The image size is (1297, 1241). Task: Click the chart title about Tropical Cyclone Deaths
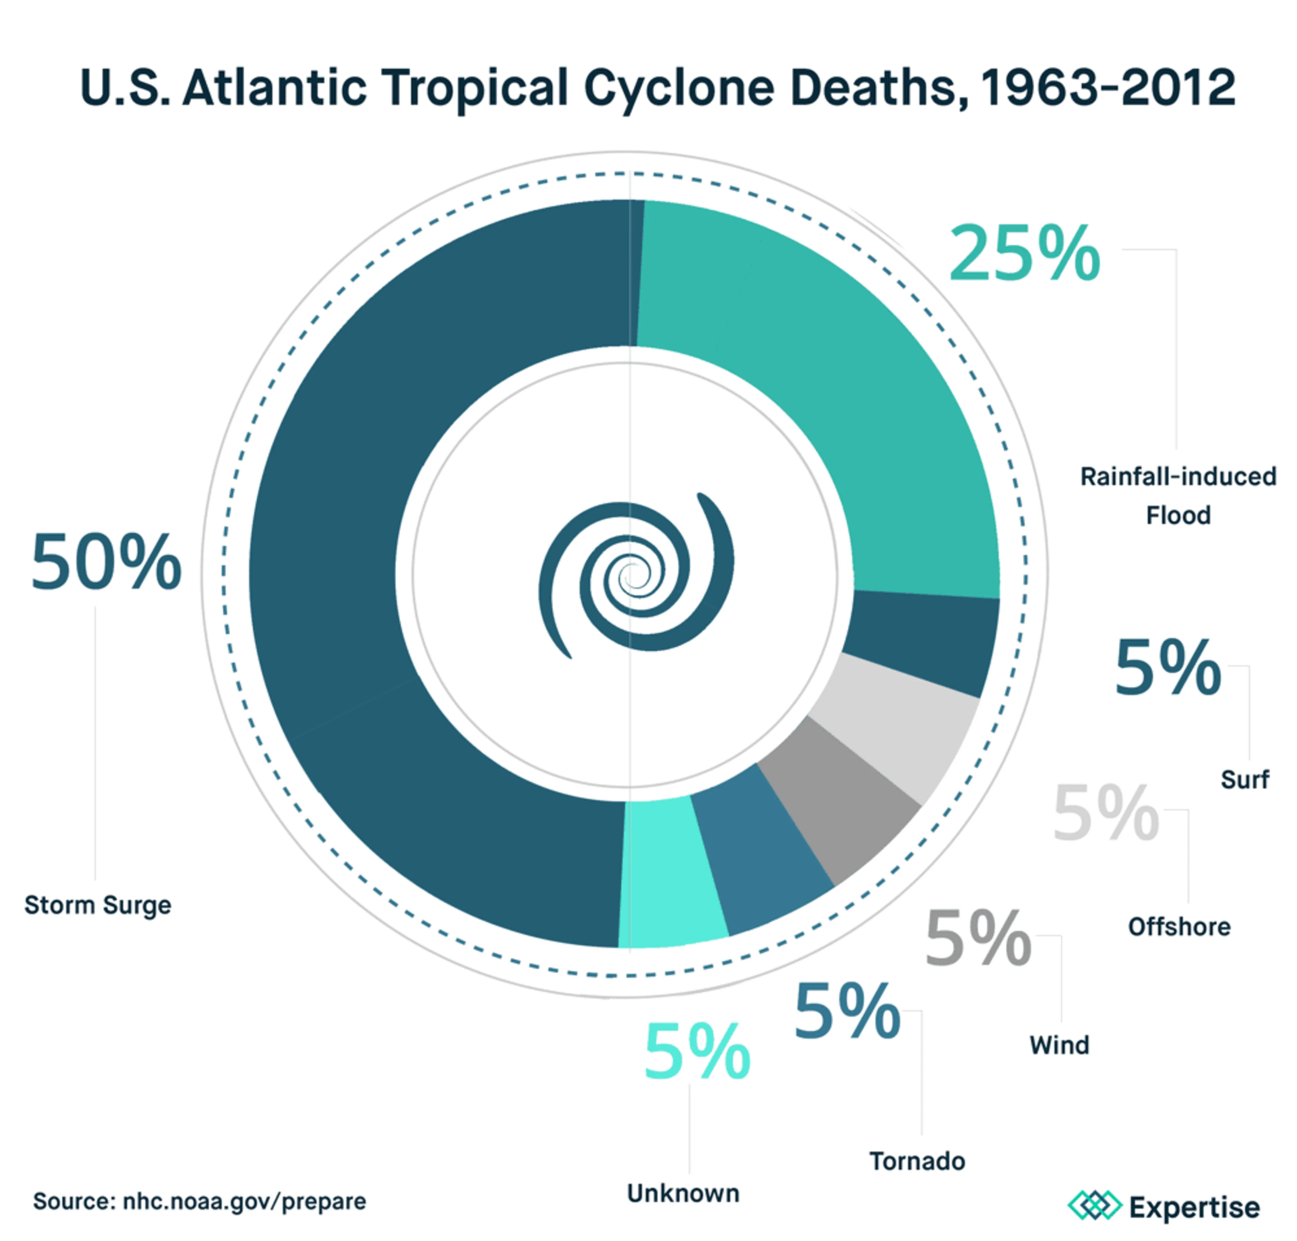657,87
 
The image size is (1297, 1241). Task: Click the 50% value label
106,562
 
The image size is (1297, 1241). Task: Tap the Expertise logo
1165,1206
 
